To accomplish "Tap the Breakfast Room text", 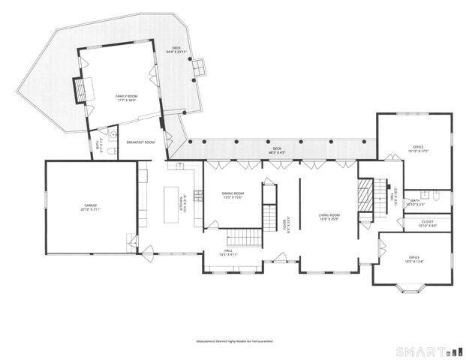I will click(140, 142).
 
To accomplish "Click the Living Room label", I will click(329, 217).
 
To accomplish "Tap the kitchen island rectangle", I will click(170, 204).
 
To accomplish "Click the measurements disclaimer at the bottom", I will click(233, 341).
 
